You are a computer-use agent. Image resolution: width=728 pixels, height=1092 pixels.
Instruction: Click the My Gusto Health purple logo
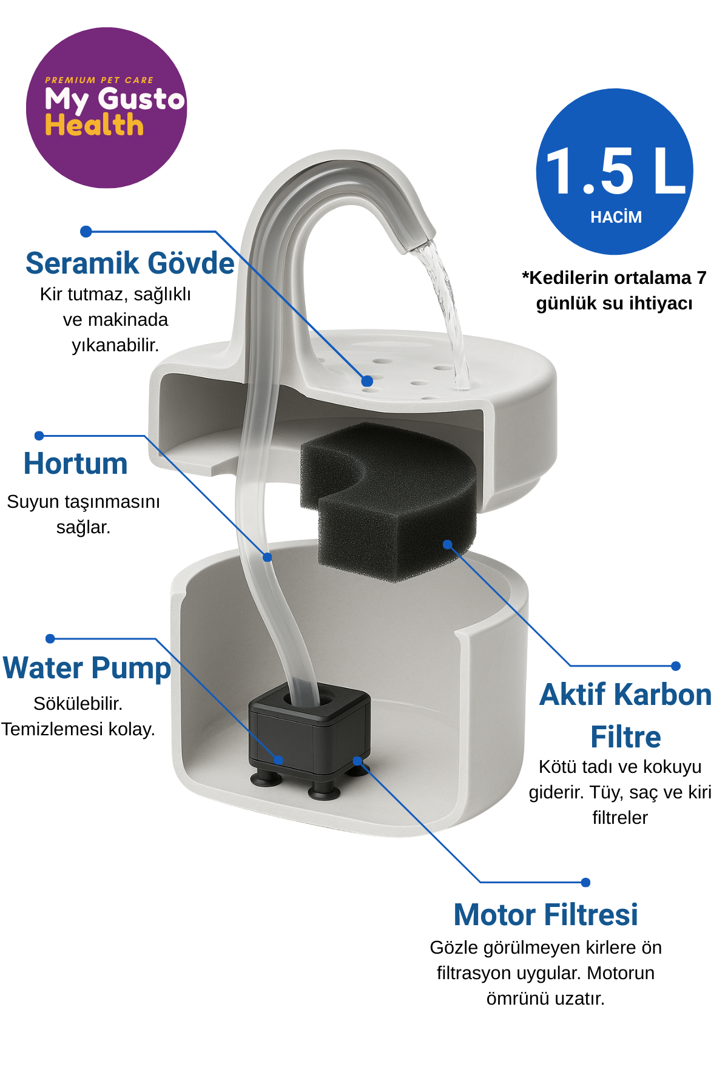coord(106,107)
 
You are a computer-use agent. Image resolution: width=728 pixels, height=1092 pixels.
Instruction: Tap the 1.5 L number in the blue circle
coord(616,172)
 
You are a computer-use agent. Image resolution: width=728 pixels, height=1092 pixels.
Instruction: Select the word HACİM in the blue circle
coord(616,217)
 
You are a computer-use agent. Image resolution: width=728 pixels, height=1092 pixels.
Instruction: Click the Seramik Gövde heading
coord(130,263)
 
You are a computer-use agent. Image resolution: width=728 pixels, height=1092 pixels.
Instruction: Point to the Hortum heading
coord(76,463)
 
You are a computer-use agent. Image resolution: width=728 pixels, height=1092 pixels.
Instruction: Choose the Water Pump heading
coord(87,669)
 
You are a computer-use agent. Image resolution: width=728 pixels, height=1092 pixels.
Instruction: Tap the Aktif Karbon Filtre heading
coord(625,716)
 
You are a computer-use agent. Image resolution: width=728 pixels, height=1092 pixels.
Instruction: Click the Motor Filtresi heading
coord(546,914)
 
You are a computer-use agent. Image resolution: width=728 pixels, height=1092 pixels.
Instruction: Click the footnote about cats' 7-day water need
coord(614,290)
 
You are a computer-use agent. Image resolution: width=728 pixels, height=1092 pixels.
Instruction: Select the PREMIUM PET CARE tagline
coord(99,80)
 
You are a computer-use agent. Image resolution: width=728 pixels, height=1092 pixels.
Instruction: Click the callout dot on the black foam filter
coord(448,544)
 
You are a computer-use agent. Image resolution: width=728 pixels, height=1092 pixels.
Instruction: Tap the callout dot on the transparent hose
coord(268,557)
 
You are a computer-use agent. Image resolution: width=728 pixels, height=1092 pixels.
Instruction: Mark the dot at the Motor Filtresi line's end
coord(585,882)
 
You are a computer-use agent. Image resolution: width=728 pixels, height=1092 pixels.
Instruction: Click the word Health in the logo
coord(94,126)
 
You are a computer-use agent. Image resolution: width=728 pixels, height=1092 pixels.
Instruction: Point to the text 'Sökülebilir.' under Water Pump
coord(78,704)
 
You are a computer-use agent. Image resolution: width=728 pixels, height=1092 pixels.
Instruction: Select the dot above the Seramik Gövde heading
coord(86,231)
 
